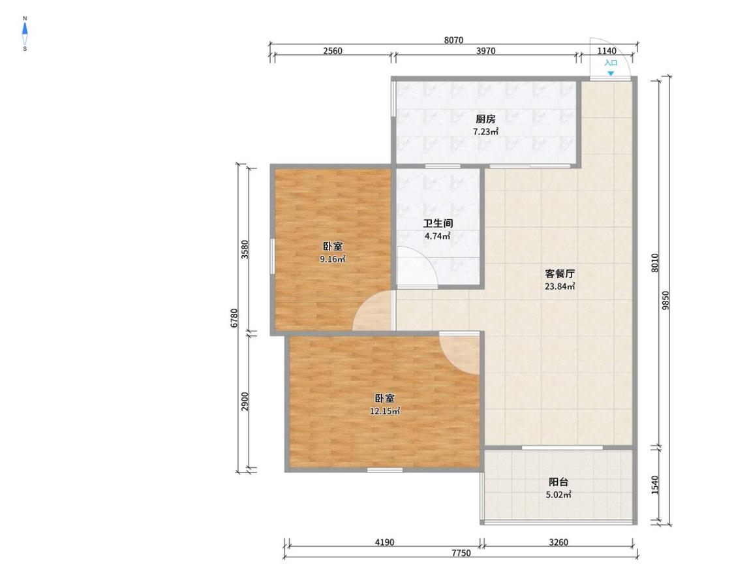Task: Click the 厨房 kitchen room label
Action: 485,119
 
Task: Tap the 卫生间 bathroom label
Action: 438,224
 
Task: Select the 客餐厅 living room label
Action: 560,274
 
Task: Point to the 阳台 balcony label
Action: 558,482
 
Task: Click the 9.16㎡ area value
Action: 333,259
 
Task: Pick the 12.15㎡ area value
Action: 385,412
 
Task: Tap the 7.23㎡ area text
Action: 485,132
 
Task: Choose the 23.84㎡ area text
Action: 560,286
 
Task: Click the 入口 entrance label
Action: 611,63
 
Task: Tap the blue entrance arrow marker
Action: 611,74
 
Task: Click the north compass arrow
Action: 25,29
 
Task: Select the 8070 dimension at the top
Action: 453,40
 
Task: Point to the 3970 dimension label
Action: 486,51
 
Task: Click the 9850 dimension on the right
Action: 666,300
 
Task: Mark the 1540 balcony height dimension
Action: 655,484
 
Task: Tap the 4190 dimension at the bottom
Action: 384,542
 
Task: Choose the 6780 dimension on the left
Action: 234,318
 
